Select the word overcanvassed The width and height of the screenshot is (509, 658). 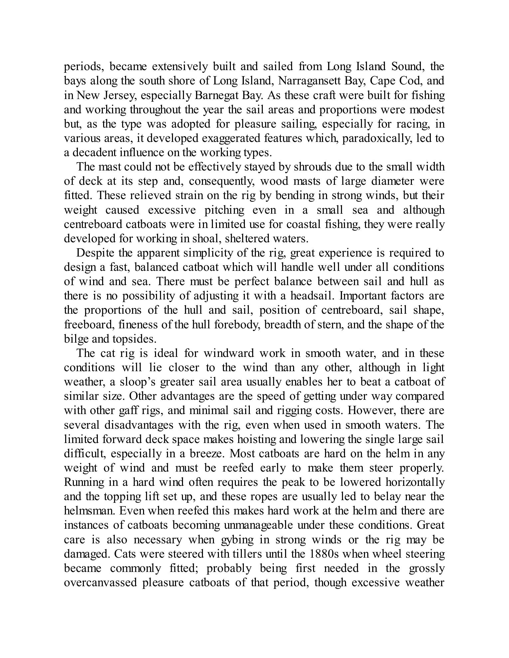tap(100, 583)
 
